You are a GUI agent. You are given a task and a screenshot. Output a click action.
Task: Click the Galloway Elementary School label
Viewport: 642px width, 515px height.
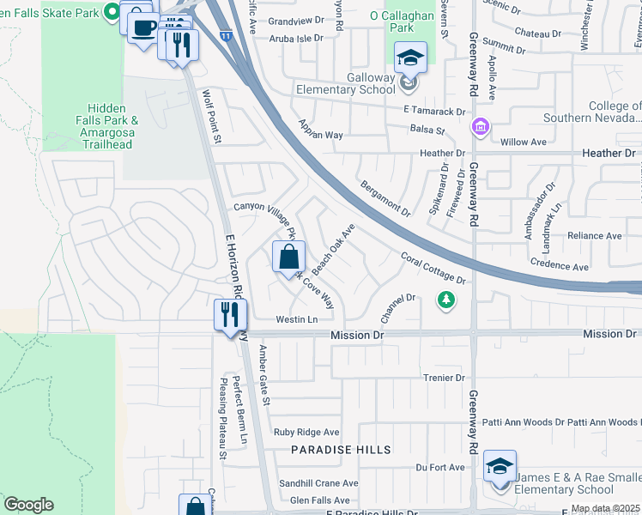click(x=347, y=82)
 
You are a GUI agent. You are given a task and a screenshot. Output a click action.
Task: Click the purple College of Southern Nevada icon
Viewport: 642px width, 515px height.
click(x=480, y=129)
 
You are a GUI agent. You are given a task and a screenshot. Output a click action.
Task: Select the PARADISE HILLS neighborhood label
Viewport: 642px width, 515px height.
click(x=341, y=450)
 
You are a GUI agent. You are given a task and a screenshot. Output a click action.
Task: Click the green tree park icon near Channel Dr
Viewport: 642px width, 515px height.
click(x=445, y=300)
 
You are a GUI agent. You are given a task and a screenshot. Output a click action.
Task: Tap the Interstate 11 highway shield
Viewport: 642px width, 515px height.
click(x=225, y=37)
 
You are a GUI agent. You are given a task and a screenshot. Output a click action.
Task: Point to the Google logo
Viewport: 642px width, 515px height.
click(x=28, y=505)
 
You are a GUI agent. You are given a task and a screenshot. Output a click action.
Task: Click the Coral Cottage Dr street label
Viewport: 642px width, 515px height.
click(x=433, y=268)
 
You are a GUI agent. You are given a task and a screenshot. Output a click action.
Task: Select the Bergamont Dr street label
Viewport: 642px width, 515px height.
click(x=385, y=197)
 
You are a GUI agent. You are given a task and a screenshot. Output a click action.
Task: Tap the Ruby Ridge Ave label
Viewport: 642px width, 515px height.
click(x=306, y=432)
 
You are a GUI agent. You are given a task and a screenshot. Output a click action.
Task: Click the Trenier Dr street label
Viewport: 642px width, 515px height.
click(x=443, y=377)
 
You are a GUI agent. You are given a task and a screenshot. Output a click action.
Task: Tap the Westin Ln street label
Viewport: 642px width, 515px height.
click(x=297, y=319)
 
